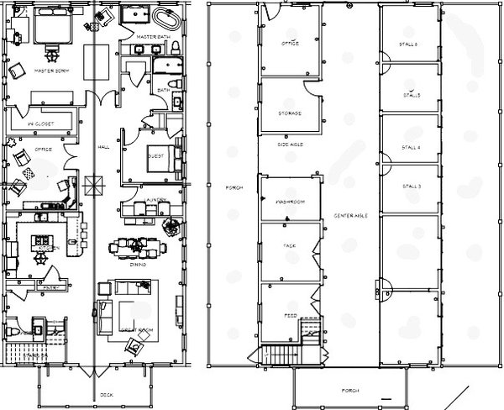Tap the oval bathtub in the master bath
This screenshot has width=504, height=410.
(x=165, y=19)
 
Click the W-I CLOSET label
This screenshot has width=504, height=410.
(x=40, y=124)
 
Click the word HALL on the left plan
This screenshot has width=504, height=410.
(x=103, y=147)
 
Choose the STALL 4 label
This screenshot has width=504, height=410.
(x=412, y=146)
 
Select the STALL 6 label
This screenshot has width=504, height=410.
(x=410, y=44)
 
